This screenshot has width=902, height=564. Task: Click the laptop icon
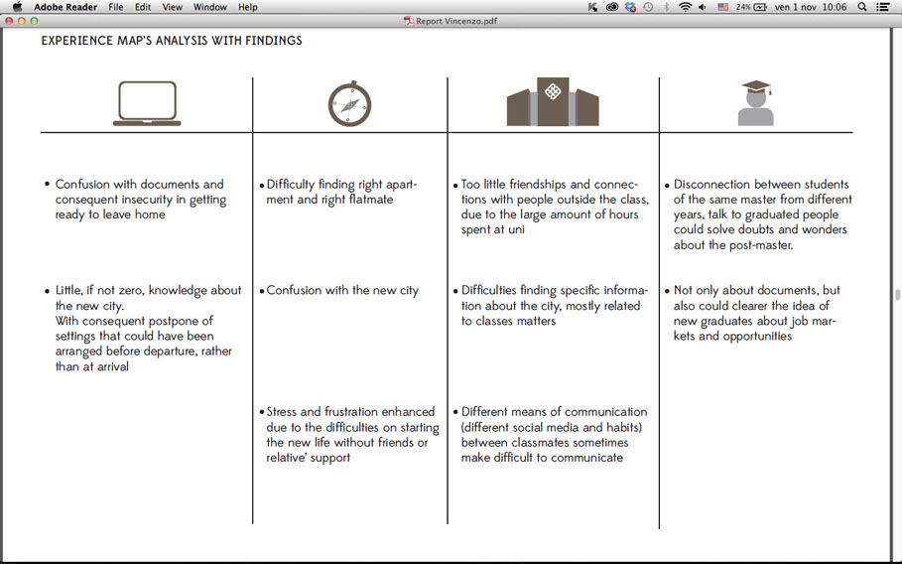point(147,103)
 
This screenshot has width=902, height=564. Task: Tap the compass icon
point(349,104)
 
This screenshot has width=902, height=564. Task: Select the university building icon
point(553,102)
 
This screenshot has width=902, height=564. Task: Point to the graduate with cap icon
point(756,103)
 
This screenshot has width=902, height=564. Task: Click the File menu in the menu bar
point(116,7)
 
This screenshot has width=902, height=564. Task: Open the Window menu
point(209,7)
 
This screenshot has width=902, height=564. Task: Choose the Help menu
point(248,7)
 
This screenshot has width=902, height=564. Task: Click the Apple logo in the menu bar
point(17,7)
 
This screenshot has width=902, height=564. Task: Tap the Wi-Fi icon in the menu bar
point(685,7)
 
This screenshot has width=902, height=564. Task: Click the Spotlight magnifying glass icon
point(861,7)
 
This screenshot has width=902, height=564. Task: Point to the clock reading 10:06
point(834,7)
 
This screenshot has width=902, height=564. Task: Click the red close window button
point(9,21)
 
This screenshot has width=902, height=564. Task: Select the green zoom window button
point(35,21)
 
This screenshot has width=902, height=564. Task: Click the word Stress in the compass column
point(283,412)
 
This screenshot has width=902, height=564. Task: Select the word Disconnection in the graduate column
point(712,185)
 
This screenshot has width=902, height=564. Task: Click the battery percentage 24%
point(742,7)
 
